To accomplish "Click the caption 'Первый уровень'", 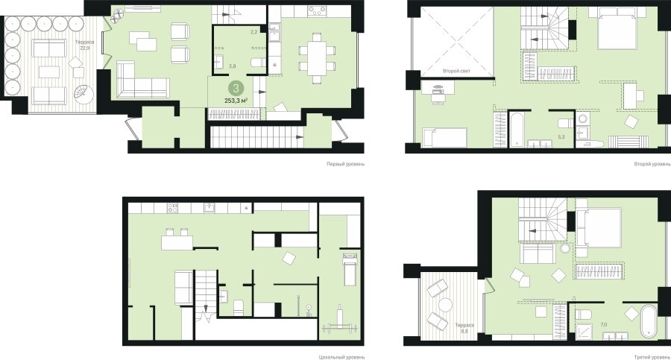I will point(345,164).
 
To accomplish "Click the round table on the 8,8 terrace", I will point(446,305).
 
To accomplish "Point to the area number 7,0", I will point(604,325).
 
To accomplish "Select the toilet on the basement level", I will point(239,307).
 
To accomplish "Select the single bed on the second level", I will point(444,136).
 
